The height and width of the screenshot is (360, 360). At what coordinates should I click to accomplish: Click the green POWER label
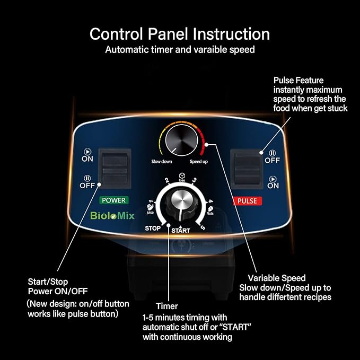(114, 200)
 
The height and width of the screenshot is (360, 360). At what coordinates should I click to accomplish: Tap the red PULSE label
(247, 201)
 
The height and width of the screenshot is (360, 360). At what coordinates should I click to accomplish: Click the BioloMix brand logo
(112, 216)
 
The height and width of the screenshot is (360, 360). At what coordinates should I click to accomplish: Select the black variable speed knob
(182, 140)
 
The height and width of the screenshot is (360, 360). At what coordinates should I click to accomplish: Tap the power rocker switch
(115, 169)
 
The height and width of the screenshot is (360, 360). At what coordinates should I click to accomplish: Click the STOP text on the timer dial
(153, 229)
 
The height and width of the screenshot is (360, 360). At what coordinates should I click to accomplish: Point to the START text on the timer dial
(181, 230)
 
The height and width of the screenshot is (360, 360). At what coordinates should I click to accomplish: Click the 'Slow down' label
(162, 161)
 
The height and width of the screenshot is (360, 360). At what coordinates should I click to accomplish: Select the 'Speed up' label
(199, 162)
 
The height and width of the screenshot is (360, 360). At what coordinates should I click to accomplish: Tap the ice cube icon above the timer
(182, 175)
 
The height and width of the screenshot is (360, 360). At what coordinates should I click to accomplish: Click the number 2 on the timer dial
(167, 180)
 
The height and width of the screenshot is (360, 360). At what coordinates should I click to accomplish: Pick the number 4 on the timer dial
(210, 201)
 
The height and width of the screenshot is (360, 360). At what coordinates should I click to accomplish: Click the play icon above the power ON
(87, 152)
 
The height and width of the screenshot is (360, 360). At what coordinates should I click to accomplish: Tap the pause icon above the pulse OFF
(273, 153)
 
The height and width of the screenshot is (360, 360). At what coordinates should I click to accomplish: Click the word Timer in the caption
(167, 306)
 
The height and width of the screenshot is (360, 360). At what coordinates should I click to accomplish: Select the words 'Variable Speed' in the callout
(277, 278)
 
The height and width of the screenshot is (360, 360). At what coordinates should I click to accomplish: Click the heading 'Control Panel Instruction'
(180, 34)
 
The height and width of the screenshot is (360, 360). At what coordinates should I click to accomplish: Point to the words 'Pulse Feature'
(298, 81)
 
